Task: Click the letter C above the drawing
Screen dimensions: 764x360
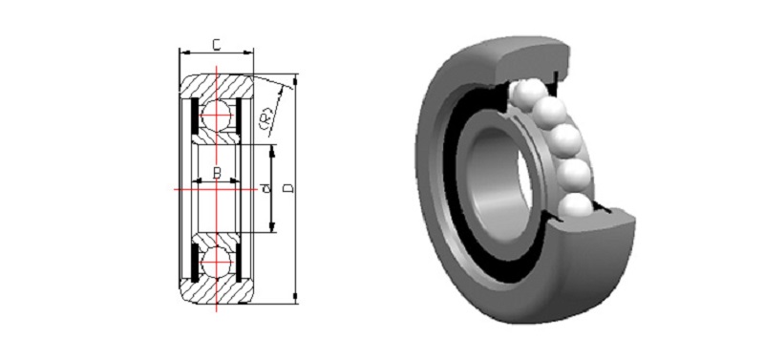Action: (x=217, y=45)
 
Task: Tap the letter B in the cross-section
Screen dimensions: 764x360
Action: (x=218, y=173)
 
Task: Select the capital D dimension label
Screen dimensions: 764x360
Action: (x=289, y=188)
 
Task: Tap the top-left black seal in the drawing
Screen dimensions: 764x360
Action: (x=194, y=116)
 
